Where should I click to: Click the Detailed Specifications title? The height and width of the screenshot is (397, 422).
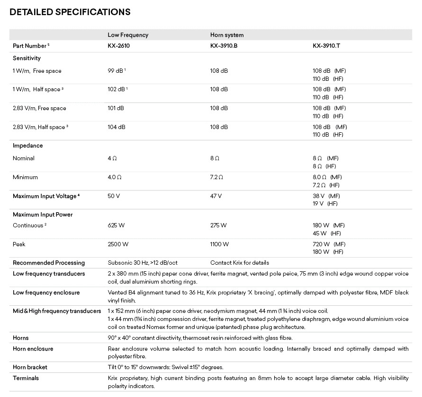point(70,11)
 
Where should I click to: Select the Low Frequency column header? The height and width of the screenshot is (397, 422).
point(128,35)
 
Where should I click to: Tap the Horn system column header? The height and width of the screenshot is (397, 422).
point(227,35)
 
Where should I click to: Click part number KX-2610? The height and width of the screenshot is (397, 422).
point(118,46)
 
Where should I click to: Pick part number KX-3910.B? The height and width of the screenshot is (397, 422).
point(224,46)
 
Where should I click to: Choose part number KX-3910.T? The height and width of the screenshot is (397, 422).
point(326,46)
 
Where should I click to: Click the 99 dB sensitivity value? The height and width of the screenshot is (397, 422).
point(116,71)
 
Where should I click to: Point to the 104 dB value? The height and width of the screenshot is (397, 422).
point(117,127)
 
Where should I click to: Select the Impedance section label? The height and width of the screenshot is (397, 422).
point(28,146)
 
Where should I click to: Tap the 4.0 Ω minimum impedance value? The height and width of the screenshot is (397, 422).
point(115,177)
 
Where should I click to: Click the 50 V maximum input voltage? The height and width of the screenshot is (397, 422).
point(114,196)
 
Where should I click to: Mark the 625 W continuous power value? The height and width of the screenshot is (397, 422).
point(117,225)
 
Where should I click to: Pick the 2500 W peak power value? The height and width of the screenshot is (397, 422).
point(118,244)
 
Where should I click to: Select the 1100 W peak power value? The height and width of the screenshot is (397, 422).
point(220,244)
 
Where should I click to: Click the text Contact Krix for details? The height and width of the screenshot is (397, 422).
point(240,263)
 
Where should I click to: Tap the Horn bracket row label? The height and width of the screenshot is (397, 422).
point(30,367)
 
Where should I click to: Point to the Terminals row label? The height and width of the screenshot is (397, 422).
point(26,378)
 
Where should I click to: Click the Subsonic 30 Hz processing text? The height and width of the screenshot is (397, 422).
point(143,263)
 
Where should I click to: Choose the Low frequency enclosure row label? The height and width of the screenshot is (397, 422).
point(46,293)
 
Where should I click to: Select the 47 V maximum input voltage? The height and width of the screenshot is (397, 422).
point(216,196)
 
